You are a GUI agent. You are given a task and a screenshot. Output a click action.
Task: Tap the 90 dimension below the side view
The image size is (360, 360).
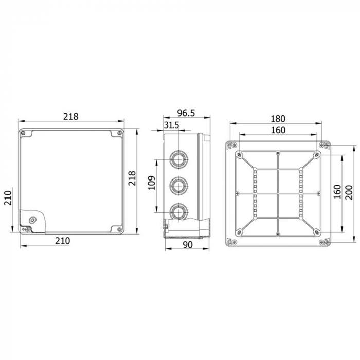tap(187, 245)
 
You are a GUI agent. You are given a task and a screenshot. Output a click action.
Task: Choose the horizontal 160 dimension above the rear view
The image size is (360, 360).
tap(278, 130)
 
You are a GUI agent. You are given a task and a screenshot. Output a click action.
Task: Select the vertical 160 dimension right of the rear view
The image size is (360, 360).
tap(336, 192)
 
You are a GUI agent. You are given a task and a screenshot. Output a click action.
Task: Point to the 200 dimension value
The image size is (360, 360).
tap(350, 192)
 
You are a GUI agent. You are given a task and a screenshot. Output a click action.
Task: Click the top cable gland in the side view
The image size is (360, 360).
tap(178, 159)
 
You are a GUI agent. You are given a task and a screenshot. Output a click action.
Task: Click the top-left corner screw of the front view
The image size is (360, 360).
tap(24, 134)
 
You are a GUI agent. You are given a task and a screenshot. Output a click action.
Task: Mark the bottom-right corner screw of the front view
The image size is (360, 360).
tap(120, 229)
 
